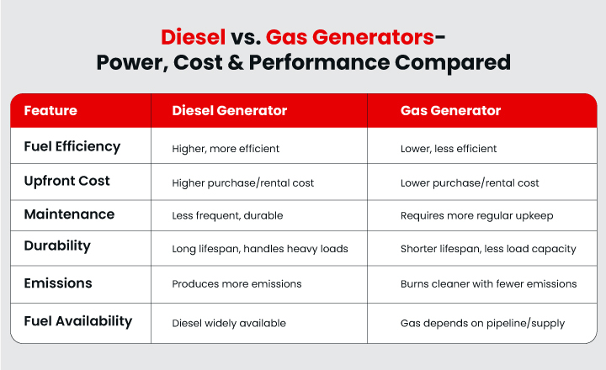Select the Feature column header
(50, 111)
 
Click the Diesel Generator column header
(229, 111)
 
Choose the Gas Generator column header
(450, 111)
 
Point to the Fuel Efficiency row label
(72, 146)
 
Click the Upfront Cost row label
(66, 181)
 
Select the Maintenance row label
(69, 214)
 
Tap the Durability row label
(57, 246)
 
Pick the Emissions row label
(57, 283)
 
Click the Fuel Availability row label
(77, 320)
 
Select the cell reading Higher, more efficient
(226, 149)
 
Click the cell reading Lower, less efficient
(449, 149)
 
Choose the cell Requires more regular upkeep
(476, 216)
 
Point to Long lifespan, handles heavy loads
(259, 249)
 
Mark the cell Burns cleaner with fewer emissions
(488, 284)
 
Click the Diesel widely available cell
(229, 323)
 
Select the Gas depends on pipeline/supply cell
(482, 323)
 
